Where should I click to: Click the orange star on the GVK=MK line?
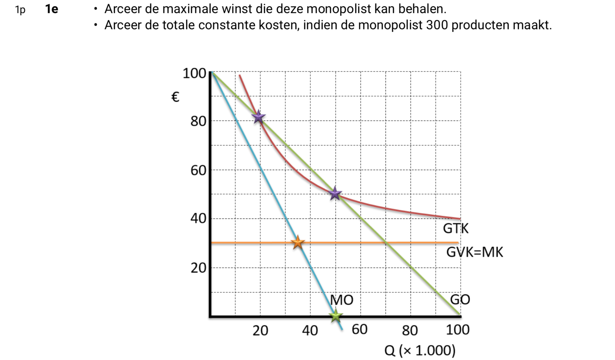coord(298,242)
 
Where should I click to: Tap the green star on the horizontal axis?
coord(336,315)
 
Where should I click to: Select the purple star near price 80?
coord(258,117)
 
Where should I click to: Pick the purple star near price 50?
coord(335,193)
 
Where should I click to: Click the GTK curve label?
coord(455,228)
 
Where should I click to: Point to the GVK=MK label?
coord(475,252)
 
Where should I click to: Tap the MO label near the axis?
coord(342,300)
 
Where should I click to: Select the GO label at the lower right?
coord(460,299)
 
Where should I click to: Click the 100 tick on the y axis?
coord(194,73)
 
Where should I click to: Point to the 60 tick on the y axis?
coord(198,170)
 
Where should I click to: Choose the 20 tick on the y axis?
coord(198,268)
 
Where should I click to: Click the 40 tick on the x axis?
coord(310,330)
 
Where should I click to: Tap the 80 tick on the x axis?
coord(410,330)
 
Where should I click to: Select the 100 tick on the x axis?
coord(458,330)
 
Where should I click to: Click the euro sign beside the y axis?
coord(175,97)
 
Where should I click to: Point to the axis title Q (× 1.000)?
coord(420,350)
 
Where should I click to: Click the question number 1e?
coord(52,9)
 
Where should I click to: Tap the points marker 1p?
coord(20,10)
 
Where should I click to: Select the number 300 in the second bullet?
coord(437,25)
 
